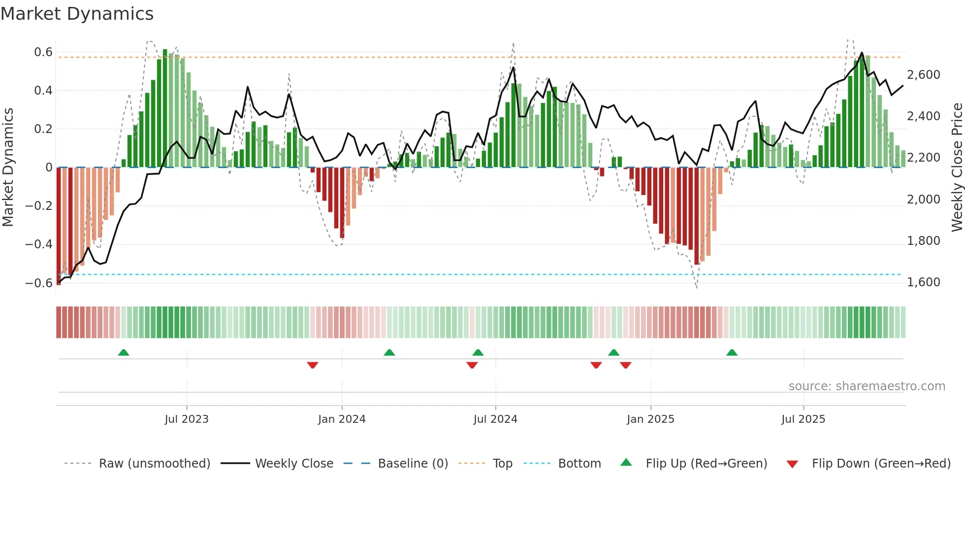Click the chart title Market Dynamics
(x=77, y=14)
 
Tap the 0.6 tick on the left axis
(x=43, y=52)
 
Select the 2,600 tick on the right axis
(x=923, y=75)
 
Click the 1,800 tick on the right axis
(x=923, y=241)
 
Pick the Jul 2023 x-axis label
(x=187, y=419)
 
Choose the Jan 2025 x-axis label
(x=650, y=419)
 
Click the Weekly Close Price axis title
(x=957, y=167)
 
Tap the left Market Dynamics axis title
(x=8, y=167)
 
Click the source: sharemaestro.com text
(x=867, y=386)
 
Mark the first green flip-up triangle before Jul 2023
(x=124, y=352)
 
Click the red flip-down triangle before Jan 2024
(x=313, y=365)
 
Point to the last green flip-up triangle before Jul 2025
(x=732, y=352)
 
